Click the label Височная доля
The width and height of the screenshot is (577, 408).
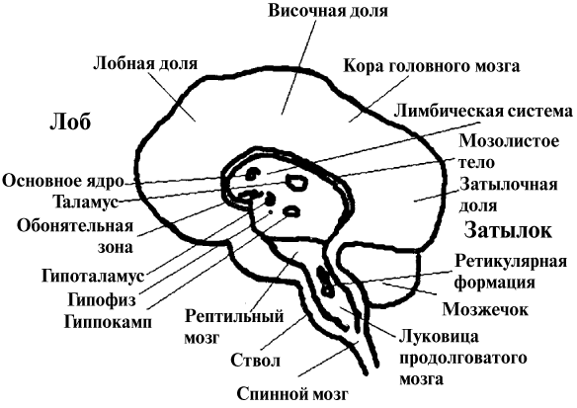tap(328, 11)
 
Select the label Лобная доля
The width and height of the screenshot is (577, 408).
tap(145, 63)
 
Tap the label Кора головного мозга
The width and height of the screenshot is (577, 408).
tap(432, 66)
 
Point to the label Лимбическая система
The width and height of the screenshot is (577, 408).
tap(483, 111)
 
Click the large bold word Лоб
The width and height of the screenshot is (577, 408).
tap(70, 122)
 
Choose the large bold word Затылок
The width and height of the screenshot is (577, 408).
tap(508, 230)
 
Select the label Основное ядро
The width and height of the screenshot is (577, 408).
tap(63, 182)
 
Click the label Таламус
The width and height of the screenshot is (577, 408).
tap(85, 202)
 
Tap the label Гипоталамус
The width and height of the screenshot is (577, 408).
tap(93, 276)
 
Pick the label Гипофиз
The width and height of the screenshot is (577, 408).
tap(102, 300)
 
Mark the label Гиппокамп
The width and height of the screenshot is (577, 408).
tap(108, 322)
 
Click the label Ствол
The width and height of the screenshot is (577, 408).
tap(256, 361)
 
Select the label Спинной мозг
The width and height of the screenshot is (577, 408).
tap(291, 395)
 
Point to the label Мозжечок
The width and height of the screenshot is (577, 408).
tap(485, 309)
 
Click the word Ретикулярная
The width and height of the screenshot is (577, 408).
tap(511, 262)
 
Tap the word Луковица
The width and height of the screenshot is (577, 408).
tap(439, 337)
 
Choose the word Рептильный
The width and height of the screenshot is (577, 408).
tap(234, 316)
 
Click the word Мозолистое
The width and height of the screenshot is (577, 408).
tap(509, 141)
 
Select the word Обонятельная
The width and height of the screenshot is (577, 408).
tap(75, 226)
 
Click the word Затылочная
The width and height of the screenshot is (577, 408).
tap(508, 184)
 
